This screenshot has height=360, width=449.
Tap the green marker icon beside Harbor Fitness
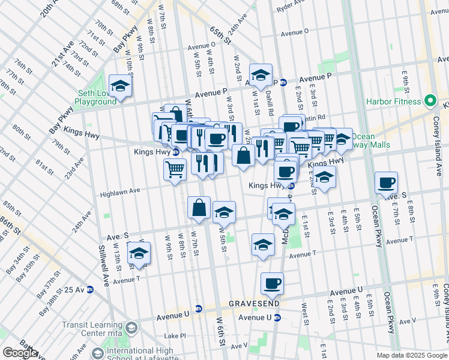[430, 101]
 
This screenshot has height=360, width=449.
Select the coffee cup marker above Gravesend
[272, 283]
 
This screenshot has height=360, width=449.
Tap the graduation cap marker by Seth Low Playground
[120, 85]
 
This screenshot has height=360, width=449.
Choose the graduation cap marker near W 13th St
[139, 253]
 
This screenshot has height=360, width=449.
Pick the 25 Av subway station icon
[90, 290]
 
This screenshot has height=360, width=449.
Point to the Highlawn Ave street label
[119, 191]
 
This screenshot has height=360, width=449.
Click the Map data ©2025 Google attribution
[412, 355]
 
